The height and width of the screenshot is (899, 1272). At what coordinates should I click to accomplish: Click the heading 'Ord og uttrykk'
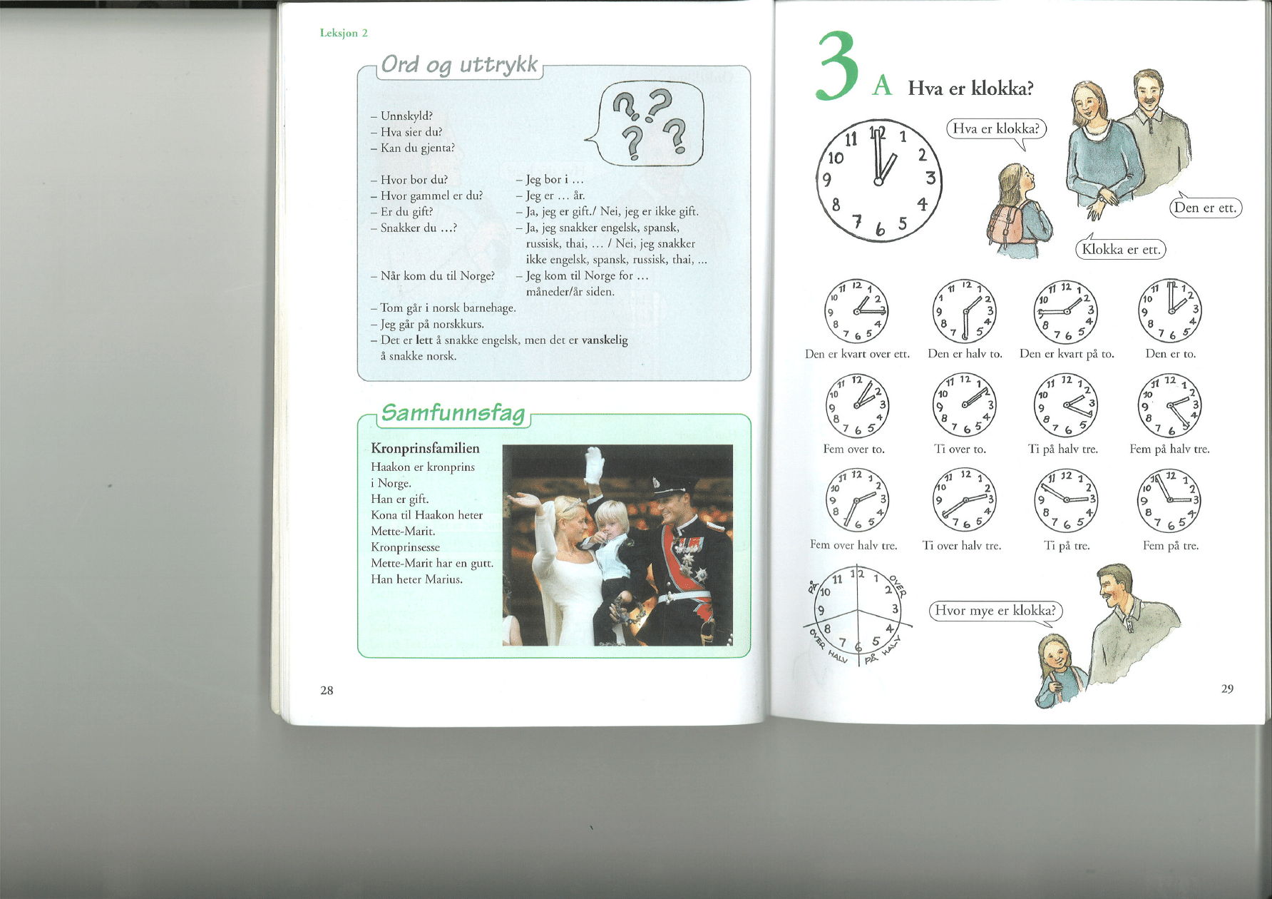(459, 64)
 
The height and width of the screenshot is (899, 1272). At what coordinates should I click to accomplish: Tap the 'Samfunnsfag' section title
(453, 412)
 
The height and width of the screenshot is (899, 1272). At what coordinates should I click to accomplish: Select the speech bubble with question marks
(646, 123)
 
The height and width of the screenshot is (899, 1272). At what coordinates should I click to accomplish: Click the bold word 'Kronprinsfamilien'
(425, 448)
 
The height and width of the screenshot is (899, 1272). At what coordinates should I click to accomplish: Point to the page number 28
(327, 690)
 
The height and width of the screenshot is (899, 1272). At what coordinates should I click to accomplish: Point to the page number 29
(1227, 689)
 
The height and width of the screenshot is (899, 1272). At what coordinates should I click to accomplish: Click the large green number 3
(837, 66)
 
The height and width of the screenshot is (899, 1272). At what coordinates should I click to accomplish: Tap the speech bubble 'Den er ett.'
(1205, 207)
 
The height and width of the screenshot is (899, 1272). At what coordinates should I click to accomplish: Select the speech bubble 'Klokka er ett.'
(1120, 248)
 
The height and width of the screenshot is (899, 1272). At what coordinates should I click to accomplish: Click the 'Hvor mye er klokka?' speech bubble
(995, 611)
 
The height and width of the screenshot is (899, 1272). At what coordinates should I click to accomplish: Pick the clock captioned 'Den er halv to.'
(964, 311)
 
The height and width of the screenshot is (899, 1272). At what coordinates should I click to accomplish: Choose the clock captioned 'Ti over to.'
(964, 404)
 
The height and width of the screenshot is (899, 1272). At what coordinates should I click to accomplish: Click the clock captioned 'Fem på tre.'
(1169, 500)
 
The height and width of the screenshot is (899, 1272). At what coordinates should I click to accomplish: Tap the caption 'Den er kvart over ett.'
(857, 354)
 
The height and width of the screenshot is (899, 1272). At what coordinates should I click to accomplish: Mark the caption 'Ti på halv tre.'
(1063, 449)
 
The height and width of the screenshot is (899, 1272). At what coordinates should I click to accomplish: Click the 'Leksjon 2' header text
(344, 33)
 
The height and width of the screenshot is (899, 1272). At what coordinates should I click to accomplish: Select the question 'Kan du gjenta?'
(418, 148)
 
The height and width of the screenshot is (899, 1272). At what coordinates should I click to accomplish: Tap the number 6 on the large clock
(881, 228)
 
